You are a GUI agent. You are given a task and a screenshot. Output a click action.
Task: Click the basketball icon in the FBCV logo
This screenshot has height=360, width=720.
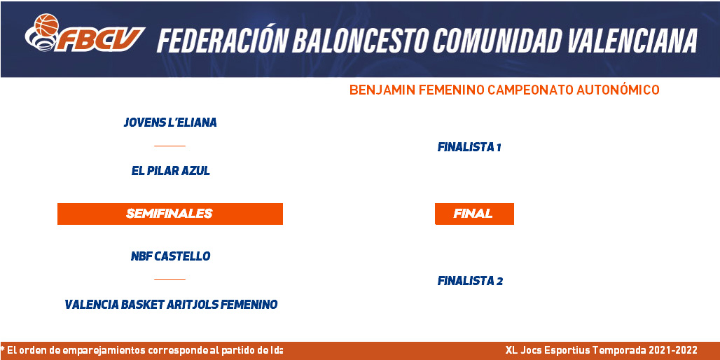[46, 25]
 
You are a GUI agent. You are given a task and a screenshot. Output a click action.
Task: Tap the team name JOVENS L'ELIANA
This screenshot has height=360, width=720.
[170, 123]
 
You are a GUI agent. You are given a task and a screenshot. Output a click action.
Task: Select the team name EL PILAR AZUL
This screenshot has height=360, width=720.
[170, 172]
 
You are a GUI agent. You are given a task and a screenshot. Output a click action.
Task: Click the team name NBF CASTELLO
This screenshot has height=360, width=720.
[170, 256]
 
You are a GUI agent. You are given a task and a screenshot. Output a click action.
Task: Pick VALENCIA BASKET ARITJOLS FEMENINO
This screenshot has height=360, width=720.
[171, 305]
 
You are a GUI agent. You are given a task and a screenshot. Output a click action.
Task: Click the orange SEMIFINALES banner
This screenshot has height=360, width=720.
[170, 214]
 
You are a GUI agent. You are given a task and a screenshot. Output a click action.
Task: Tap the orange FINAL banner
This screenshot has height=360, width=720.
[474, 214]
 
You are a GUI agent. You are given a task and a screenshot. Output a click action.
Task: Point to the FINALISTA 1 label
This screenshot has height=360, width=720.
[469, 147]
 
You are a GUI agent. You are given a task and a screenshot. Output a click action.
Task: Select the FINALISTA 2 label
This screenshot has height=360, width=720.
[470, 281]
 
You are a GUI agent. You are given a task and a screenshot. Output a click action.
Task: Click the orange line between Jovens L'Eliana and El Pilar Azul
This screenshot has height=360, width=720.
[169, 146]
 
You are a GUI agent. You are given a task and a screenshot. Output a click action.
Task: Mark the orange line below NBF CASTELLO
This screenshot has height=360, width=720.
[169, 279]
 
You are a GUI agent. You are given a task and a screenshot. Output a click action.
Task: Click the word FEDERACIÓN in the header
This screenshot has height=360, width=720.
[221, 41]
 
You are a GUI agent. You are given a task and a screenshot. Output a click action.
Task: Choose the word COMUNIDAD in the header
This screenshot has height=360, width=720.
[497, 41]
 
